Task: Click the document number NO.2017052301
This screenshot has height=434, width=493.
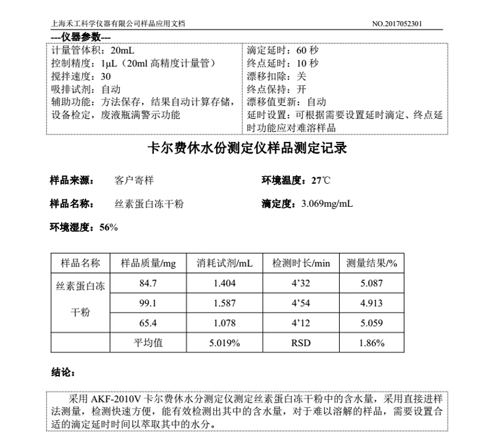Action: [397, 24]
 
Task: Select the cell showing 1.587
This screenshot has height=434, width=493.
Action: [224, 304]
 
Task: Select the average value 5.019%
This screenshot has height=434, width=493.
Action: [224, 343]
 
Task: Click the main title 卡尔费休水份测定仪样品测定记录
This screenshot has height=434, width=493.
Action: [246, 148]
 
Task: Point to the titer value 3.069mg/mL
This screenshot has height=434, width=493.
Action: [327, 204]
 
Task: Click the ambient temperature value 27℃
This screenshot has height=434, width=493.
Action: [322, 180]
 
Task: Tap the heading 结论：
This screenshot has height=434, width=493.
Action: [64, 372]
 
